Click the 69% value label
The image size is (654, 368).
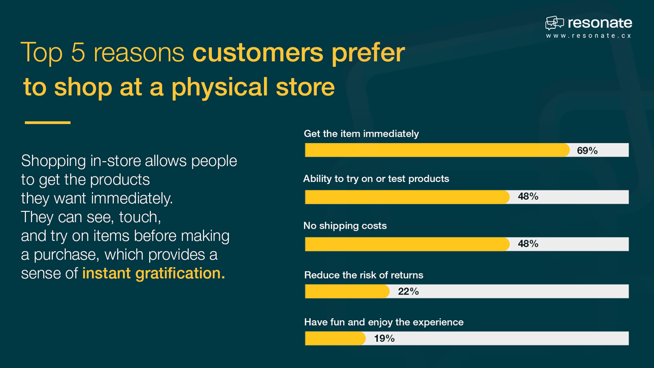point(587,150)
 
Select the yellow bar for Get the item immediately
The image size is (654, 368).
point(437,150)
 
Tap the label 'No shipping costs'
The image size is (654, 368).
point(345,226)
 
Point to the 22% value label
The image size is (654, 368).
point(408,291)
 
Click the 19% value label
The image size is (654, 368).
point(384,339)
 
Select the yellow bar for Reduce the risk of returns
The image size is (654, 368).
point(347,291)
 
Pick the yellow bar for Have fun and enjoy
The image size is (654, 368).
point(335,339)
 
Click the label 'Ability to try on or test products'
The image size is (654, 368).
point(376,179)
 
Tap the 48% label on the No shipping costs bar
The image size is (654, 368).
point(528,244)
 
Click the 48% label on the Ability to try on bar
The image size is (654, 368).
point(528,197)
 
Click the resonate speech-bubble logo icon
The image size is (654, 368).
point(554,23)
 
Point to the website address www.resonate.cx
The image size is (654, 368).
point(588,36)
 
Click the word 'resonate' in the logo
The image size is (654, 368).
point(600,23)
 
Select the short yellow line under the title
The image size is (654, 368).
point(48,122)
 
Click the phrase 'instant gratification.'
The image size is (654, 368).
point(153,273)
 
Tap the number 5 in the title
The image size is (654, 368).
point(78,53)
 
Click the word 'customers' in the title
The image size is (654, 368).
point(257,53)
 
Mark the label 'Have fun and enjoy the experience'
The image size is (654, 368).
point(383,322)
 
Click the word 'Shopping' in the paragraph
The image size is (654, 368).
point(53,161)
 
